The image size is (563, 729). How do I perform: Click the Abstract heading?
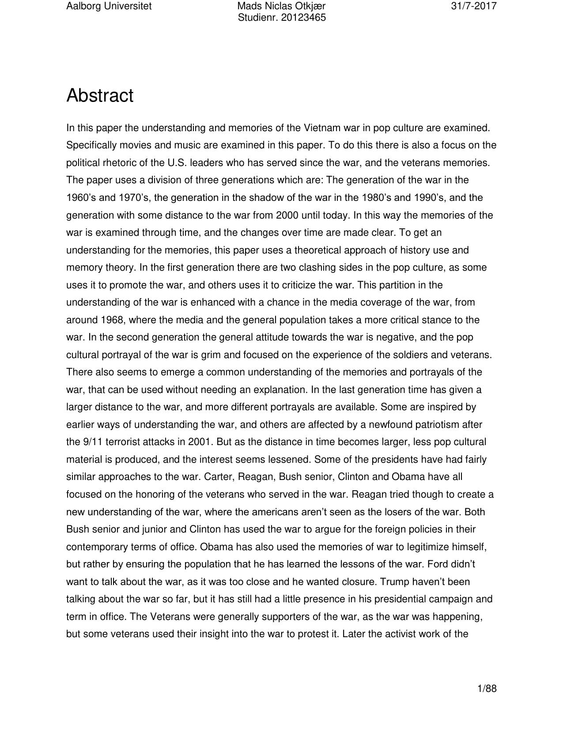pyautogui.click(x=100, y=96)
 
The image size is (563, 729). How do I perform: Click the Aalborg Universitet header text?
pyautogui.click(x=109, y=6)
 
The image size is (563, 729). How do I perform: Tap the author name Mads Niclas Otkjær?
pyautogui.click(x=281, y=6)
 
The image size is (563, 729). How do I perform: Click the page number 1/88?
pyautogui.click(x=487, y=688)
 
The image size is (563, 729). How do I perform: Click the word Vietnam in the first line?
pyautogui.click(x=321, y=128)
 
